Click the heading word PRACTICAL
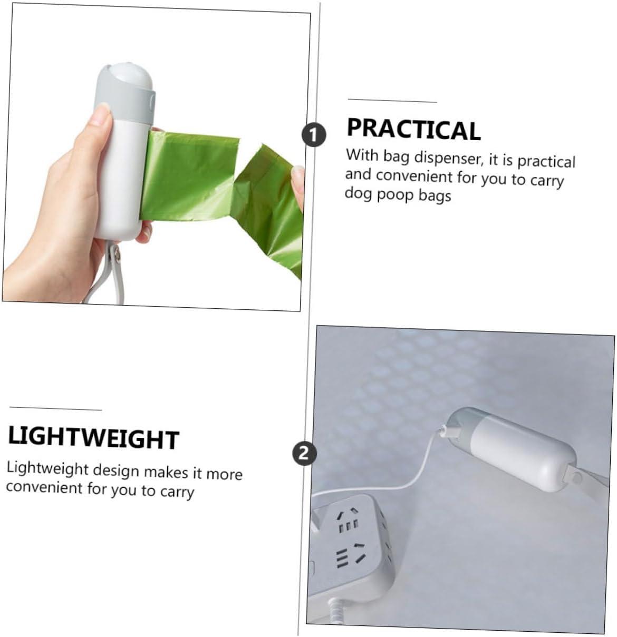coord(413,130)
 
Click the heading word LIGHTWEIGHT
coord(93,438)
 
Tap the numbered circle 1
coord(314,134)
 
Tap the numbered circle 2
coord(304,453)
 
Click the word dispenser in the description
coord(449,158)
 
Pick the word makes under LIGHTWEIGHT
coord(166,472)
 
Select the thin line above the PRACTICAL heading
coord(392,101)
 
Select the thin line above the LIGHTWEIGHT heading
coord(56,408)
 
